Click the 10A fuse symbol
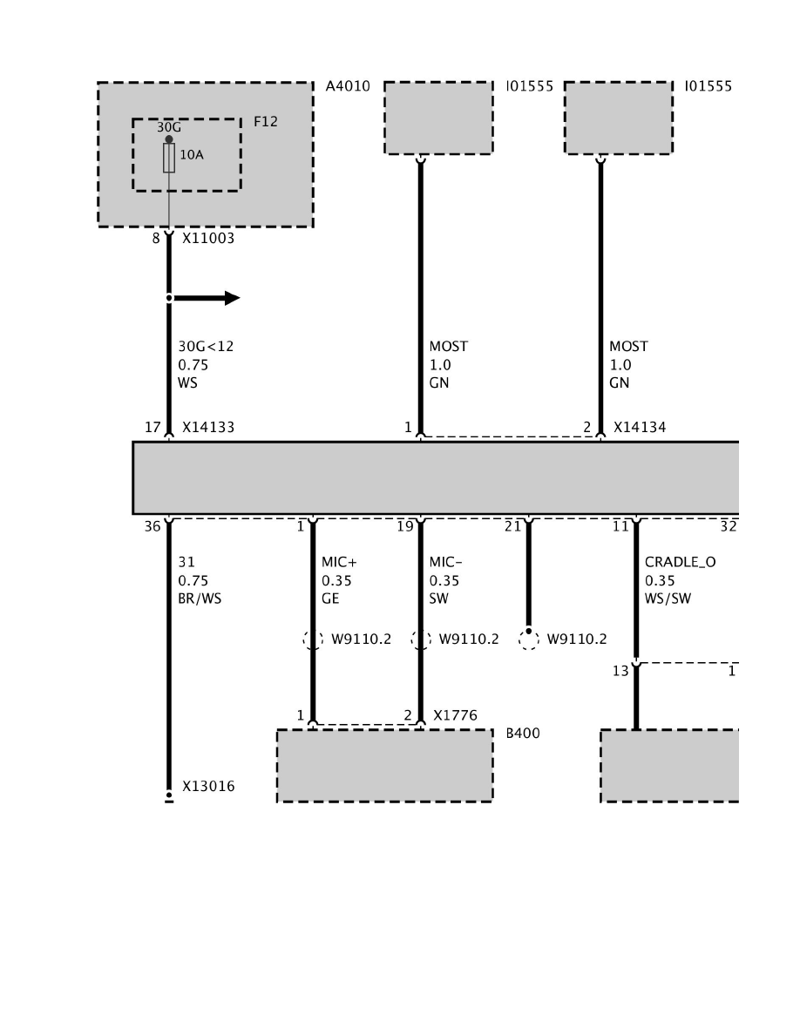pos(169,158)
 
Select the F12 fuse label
pos(266,122)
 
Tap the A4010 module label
pos(348,86)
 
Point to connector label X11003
pos(208,237)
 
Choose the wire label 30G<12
pos(206,346)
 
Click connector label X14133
pos(208,428)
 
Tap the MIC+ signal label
pos(340,562)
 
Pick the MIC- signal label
pos(445,562)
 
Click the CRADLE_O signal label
pos(680,562)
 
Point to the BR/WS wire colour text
pos(200,599)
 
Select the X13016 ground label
pos(208,787)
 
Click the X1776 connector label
pos(455,715)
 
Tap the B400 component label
pos(523,734)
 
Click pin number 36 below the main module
pos(153,526)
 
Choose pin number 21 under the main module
pos(512,526)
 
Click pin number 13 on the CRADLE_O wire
pos(620,671)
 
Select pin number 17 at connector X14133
pos(153,428)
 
